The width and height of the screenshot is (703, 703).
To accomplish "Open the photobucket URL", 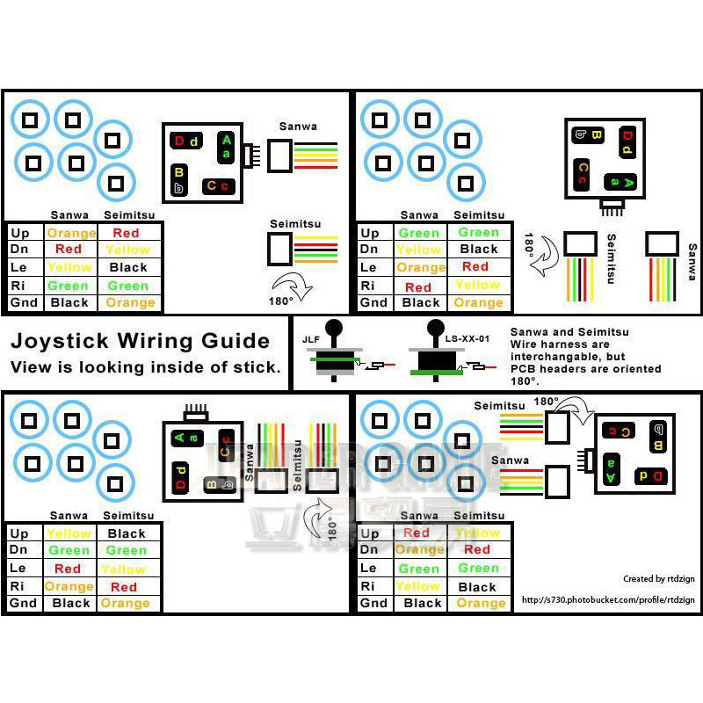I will pos(607,600).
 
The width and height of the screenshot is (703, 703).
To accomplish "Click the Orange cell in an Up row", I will pos(71,233).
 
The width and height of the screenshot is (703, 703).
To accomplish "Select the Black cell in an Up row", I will pos(127,533).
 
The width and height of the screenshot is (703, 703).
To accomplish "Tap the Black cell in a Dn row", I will pos(479,250).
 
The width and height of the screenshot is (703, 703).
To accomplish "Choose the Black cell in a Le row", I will pos(128,267).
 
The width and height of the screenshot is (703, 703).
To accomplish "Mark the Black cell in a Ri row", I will pos(477,586).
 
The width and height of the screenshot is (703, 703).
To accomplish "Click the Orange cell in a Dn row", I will pos(419,550).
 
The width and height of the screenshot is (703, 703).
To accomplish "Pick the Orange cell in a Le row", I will pos(421,267).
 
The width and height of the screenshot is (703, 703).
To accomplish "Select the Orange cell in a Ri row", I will pos(69,586).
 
